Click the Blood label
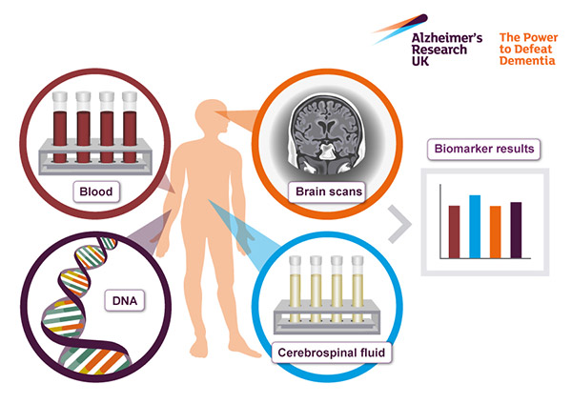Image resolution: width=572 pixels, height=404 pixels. (96, 192)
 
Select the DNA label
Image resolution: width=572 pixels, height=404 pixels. (123, 301)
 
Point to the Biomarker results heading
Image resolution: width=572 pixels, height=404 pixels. (483, 149)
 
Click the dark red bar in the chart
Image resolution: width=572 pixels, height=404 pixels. (454, 231)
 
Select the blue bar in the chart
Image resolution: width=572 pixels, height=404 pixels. (474, 226)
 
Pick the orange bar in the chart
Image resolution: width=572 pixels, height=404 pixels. (495, 232)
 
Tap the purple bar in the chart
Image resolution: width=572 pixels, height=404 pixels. (516, 230)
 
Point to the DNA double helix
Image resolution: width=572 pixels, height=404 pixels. (71, 305)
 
